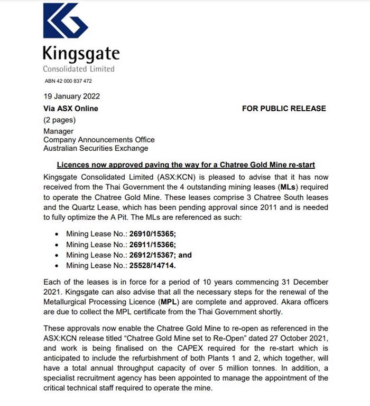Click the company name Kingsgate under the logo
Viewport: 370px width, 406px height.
click(x=81, y=53)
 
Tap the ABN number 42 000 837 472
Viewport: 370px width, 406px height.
click(x=69, y=81)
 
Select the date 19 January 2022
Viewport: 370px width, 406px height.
click(x=71, y=96)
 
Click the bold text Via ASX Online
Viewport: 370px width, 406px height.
click(x=70, y=109)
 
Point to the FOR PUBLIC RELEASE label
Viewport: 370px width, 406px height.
click(x=284, y=109)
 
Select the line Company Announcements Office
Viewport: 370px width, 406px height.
click(x=99, y=140)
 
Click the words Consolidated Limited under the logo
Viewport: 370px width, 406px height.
click(x=79, y=69)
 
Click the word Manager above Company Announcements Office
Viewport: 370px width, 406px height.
click(x=59, y=131)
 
